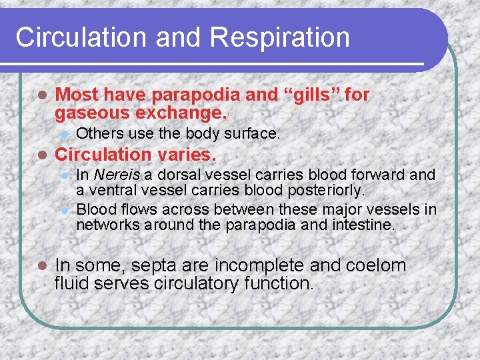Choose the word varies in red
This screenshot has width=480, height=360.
coord(184,155)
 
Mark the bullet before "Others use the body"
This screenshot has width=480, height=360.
coord(64,134)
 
